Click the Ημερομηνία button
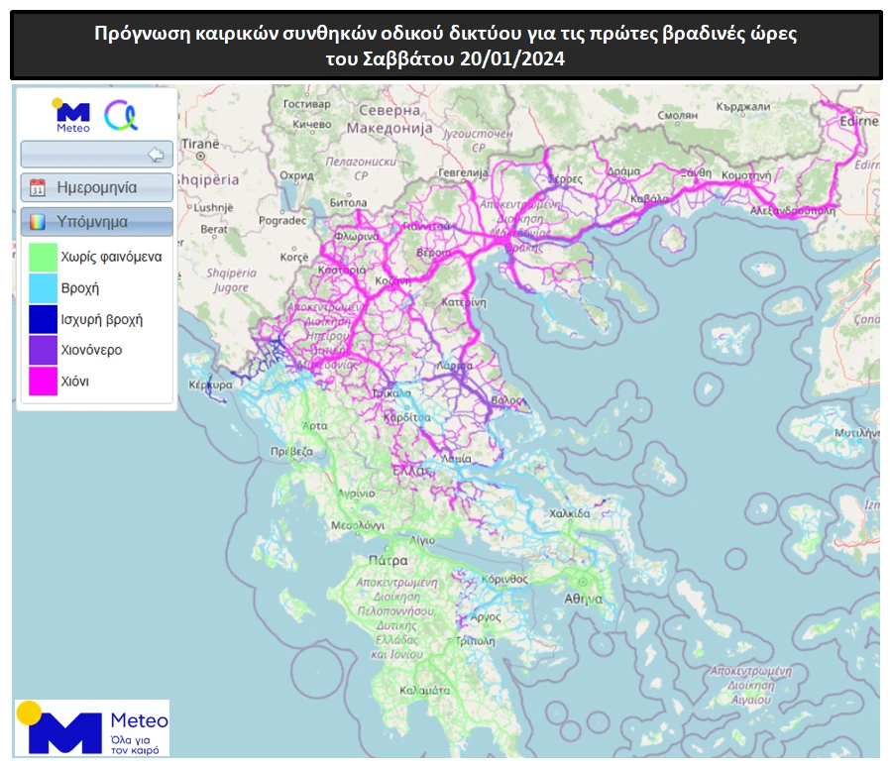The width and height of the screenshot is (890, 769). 97,187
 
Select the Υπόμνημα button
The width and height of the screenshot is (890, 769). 97,221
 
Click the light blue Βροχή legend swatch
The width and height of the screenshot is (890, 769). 43,288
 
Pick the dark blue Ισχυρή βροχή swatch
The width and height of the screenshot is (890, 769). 43,319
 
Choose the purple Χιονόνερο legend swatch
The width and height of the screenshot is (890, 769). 43,350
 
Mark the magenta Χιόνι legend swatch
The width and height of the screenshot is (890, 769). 43,381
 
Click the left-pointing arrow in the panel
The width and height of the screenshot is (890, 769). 155,154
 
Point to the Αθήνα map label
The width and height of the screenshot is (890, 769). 584,599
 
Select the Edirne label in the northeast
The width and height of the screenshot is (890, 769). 858,122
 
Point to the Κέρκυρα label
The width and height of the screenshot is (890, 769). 199,382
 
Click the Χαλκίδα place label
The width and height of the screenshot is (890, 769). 570,514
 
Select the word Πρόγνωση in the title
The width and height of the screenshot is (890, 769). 138,34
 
